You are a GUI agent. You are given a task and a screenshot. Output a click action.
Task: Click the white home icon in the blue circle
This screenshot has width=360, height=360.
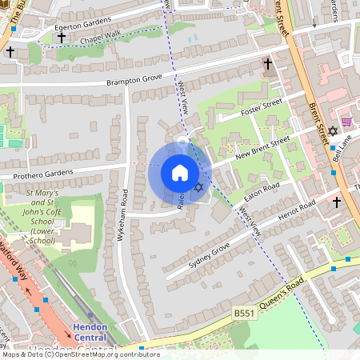click(x=180, y=172)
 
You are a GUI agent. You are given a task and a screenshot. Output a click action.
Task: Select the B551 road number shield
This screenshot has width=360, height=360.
click(x=244, y=312)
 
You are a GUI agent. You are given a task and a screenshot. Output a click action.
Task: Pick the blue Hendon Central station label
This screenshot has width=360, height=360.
click(x=96, y=332)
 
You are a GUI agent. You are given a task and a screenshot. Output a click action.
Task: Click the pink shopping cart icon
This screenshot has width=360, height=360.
click(x=346, y=121)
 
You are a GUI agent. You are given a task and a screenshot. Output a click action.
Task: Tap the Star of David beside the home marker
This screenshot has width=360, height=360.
click(x=199, y=187)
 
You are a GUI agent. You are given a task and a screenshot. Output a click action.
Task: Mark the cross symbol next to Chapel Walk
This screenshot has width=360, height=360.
click(x=62, y=38)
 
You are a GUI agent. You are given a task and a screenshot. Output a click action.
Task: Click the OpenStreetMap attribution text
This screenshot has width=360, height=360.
click(x=80, y=354)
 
